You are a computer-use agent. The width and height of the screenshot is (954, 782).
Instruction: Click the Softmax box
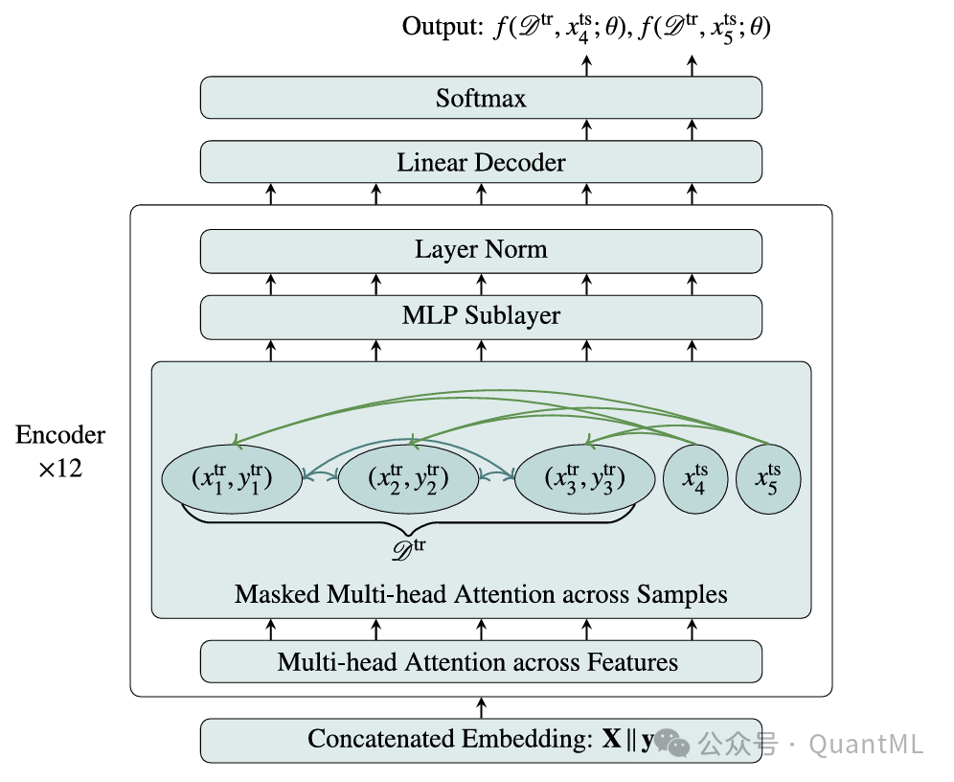pos(481,98)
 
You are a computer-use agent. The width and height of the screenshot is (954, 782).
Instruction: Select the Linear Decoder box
pos(481,162)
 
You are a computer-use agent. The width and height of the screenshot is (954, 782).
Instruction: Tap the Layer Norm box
pos(481,251)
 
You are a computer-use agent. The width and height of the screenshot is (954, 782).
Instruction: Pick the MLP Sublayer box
pos(481,315)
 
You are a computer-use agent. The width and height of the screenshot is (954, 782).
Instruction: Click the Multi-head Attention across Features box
pos(481,661)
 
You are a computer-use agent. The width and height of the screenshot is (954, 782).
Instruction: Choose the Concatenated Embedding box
pos(450,740)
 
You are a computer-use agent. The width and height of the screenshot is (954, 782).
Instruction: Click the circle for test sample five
pos(768,478)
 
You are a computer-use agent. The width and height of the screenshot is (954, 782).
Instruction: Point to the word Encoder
pos(60,435)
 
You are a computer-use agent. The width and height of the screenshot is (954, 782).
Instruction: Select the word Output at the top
pos(437,28)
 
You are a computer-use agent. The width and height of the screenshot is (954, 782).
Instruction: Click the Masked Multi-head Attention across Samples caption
pos(481,594)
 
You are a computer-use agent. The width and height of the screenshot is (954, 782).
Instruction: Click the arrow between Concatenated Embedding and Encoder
pos(481,707)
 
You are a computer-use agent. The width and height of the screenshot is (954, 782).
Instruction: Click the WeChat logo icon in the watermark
pos(676,743)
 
